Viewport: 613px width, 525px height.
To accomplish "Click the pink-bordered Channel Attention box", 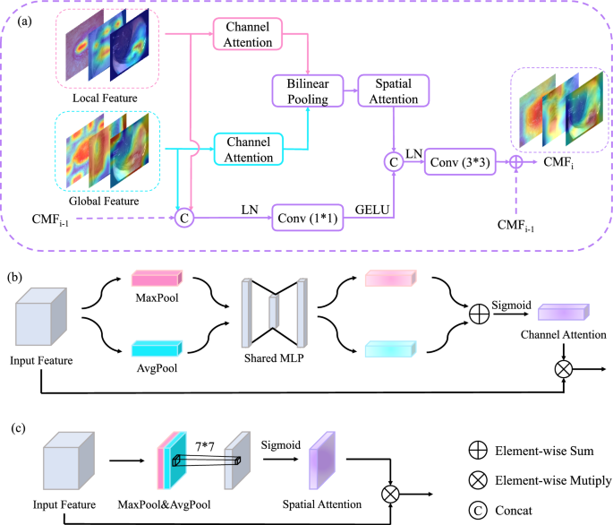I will click(x=248, y=37).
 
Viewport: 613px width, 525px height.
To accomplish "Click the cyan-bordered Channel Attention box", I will click(x=248, y=150).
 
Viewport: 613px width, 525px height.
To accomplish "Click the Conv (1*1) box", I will click(x=310, y=216).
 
